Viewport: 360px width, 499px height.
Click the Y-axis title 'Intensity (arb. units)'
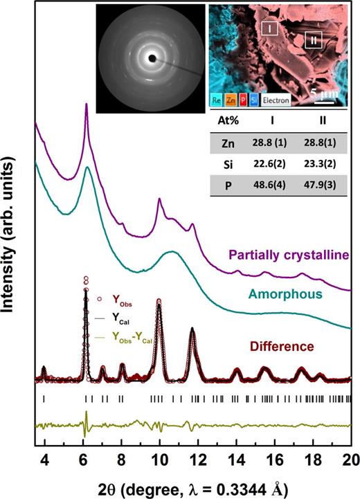coord(14,249)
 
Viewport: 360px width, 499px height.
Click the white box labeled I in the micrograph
coord(270,28)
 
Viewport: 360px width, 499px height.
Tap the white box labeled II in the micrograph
coord(314,40)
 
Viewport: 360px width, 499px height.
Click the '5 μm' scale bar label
coord(323,91)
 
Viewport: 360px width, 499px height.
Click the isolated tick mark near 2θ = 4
coord(44,399)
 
